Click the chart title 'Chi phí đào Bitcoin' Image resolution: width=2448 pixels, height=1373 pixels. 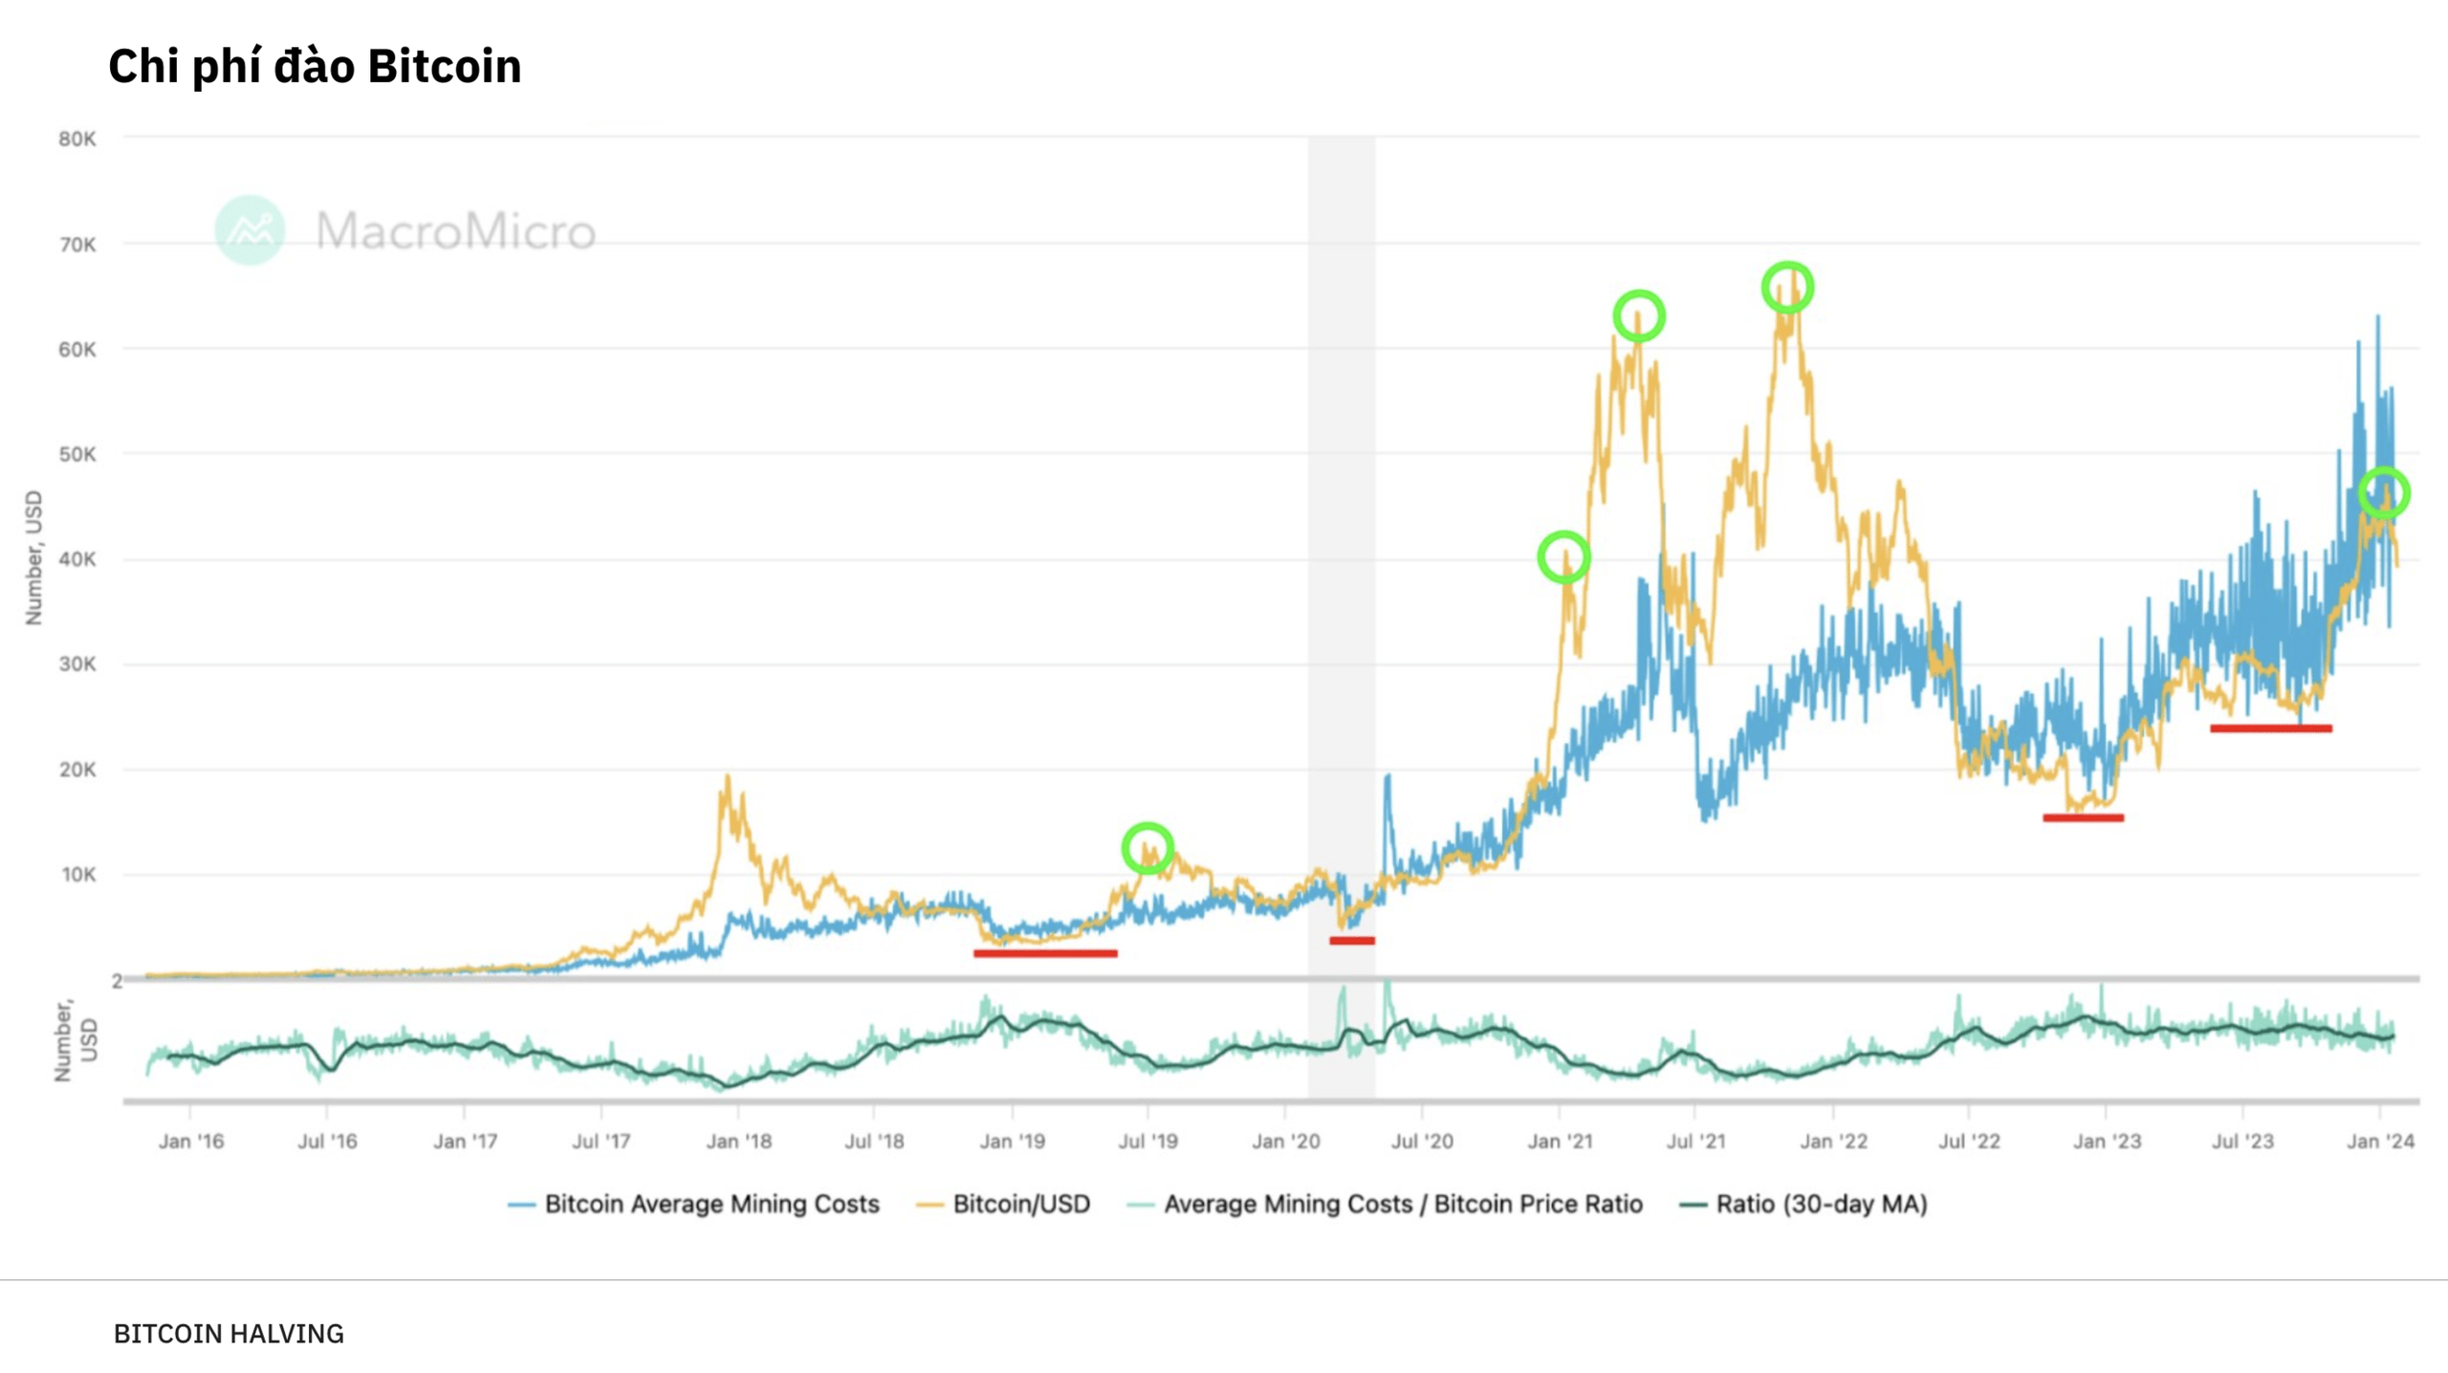pos(315,66)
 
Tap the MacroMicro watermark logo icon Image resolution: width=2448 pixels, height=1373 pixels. pos(250,230)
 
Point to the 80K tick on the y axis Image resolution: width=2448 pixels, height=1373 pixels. pos(77,140)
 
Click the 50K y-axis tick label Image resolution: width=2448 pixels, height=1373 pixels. pos(77,454)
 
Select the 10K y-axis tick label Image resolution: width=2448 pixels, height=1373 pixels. pos(78,875)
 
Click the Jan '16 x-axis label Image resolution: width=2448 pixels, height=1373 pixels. pos(190,1141)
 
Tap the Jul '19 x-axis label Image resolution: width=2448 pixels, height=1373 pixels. pos(1147,1141)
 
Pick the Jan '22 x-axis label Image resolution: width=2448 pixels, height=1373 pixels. pos(1833,1141)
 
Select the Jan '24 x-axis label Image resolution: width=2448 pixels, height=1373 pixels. pos(2380,1141)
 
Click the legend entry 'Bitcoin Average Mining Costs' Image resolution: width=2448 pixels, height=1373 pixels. pos(710,1204)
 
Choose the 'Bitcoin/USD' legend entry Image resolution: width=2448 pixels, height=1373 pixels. pos(1020,1204)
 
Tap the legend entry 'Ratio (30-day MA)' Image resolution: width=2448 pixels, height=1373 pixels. pos(1821,1204)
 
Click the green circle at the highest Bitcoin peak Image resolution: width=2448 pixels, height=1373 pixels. pos(1787,287)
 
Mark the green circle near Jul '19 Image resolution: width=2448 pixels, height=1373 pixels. pos(1147,848)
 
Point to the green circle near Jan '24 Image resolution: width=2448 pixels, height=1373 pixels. pos(2384,493)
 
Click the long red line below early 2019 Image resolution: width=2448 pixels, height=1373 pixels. pos(1045,953)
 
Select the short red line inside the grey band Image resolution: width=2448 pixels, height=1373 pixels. pos(1351,941)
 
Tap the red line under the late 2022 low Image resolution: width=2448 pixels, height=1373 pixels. pos(2083,817)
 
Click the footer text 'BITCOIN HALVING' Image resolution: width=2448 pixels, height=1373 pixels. pos(229,1334)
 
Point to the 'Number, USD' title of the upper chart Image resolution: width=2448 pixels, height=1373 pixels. pos(34,557)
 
